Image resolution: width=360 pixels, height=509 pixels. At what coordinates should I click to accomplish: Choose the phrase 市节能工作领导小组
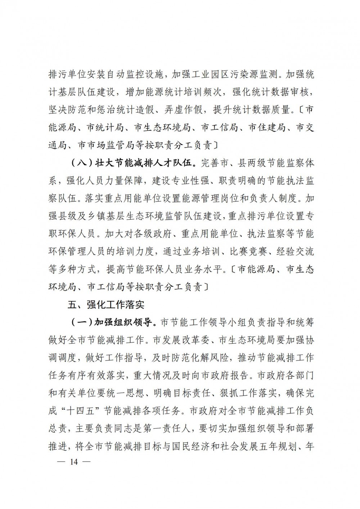point(200,322)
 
